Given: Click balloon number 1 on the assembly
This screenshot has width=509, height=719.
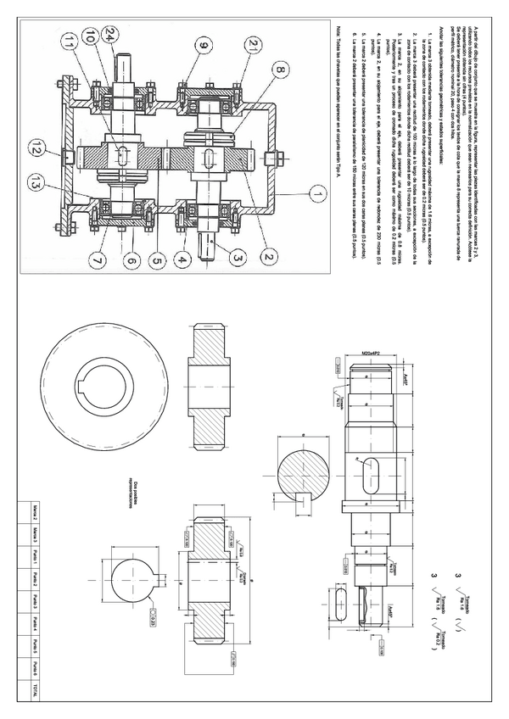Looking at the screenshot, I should coord(316,194).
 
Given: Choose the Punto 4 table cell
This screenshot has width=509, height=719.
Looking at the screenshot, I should coord(34,623).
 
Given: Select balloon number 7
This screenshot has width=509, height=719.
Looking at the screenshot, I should coord(92,262).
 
